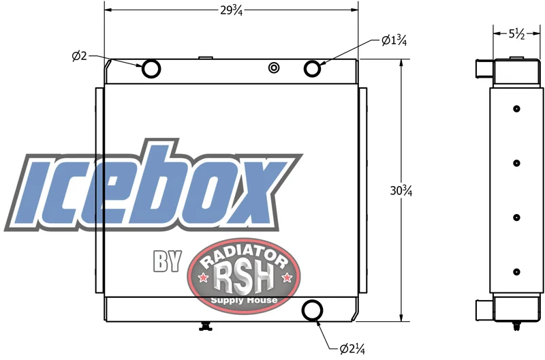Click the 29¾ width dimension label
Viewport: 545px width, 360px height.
231,11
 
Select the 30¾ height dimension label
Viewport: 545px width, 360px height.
401,191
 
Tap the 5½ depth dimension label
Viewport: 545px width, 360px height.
517,34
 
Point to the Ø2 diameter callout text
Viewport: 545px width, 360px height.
79,56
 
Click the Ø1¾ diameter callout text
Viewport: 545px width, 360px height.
394,41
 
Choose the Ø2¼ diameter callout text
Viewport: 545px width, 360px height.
352,348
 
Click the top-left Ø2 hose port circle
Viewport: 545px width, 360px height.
151,68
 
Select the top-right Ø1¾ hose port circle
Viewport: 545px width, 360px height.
312,68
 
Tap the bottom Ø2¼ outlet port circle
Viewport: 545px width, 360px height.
312,310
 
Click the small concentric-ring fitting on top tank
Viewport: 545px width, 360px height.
274,67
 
